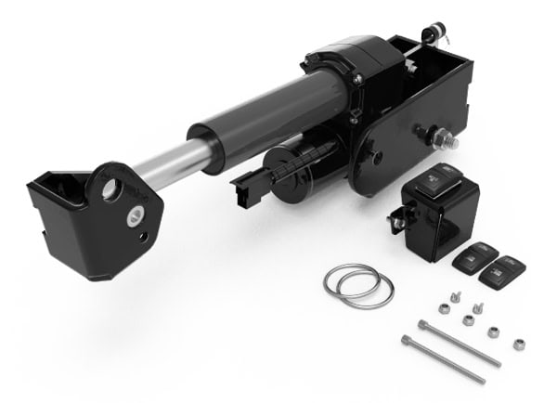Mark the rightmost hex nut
518,344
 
